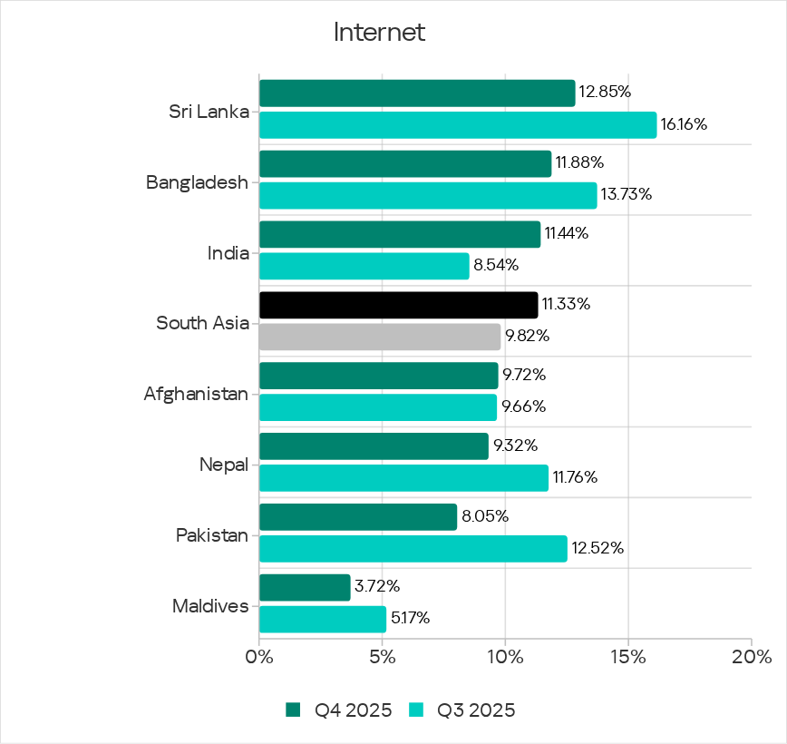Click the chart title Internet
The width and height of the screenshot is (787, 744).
pos(379,33)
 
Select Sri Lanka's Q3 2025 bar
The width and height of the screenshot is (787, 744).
pos(458,125)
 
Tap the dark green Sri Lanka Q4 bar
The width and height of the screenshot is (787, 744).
pos(417,93)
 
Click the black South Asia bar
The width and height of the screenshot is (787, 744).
pos(398,305)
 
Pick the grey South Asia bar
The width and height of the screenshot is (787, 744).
pos(380,337)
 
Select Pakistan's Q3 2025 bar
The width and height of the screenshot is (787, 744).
pos(413,549)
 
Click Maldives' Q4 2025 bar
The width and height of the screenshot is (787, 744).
pos(305,587)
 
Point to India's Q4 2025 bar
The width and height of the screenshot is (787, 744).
pos(400,234)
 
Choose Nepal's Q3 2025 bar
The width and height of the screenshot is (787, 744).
pos(403,478)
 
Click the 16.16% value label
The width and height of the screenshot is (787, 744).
pos(684,124)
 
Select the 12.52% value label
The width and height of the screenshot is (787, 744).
pos(598,549)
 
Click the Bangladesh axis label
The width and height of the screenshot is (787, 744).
pos(198,182)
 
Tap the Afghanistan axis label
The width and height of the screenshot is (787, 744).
pos(196,395)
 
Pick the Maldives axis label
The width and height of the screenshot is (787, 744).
pos(210,606)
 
